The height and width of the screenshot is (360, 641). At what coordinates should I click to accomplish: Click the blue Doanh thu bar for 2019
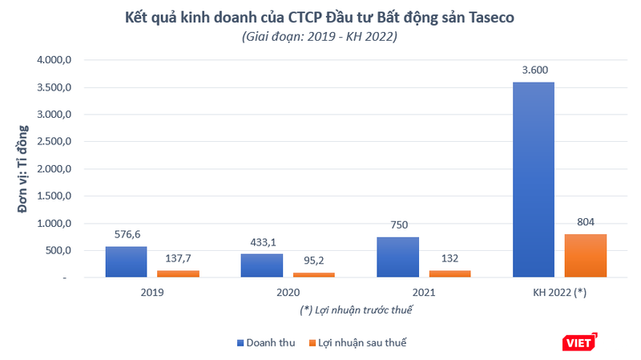coord(126,262)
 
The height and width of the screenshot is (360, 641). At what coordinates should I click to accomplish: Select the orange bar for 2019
coord(178,273)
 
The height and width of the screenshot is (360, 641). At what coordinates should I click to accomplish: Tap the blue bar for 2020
coord(261,265)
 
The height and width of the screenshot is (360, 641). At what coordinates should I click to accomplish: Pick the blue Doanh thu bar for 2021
coord(397,257)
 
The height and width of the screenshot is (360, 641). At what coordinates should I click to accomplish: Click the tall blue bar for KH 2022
coord(533,180)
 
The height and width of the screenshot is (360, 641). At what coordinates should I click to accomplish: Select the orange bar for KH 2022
coord(586,256)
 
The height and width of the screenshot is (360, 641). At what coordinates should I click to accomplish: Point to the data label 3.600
coord(533,71)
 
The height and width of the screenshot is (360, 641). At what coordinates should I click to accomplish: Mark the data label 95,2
coord(314,261)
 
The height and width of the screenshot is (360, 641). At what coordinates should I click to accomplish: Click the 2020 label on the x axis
coord(288,293)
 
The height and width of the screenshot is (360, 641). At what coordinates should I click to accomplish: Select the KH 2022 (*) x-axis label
coord(559,293)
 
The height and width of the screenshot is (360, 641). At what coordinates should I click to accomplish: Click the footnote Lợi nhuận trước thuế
coord(357,309)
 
